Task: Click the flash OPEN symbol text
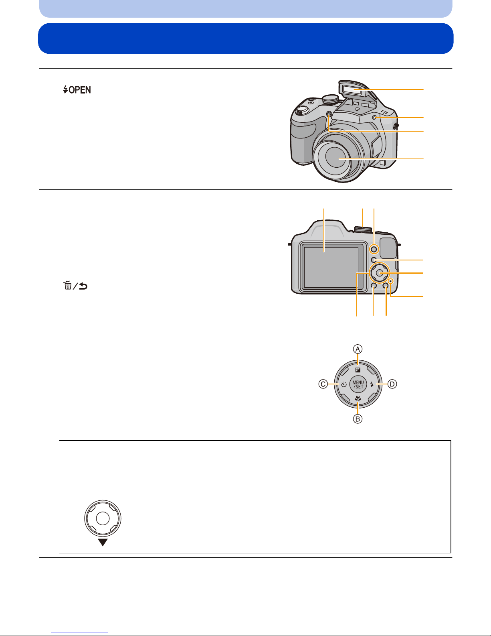[77, 89]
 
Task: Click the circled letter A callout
[358, 349]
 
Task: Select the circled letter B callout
[358, 419]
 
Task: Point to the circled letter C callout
[323, 384]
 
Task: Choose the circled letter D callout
[392, 384]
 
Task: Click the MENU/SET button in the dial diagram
[358, 384]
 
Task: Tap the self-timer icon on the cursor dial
[344, 384]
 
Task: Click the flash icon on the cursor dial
[372, 384]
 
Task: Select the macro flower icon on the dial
[358, 398]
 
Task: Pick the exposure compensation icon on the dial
[358, 370]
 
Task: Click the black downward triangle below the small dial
[103, 543]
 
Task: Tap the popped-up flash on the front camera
[354, 89]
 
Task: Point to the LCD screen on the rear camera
[331, 267]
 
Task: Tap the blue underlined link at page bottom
[79, 632]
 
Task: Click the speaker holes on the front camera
[385, 112]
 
